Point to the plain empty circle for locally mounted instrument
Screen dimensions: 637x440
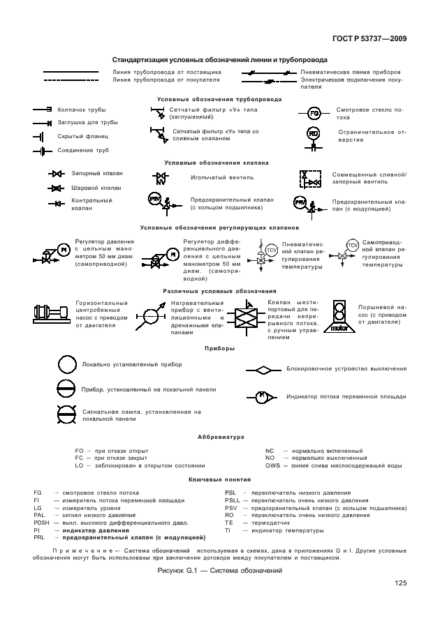66,364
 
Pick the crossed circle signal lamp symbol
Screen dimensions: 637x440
66,414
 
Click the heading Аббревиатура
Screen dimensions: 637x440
220,437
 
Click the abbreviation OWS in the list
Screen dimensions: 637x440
273,465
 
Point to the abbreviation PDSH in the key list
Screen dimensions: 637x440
42,523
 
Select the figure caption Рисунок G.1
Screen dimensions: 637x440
219,571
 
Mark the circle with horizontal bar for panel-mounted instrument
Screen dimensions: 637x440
66,389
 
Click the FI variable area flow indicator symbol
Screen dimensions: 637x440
264,396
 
